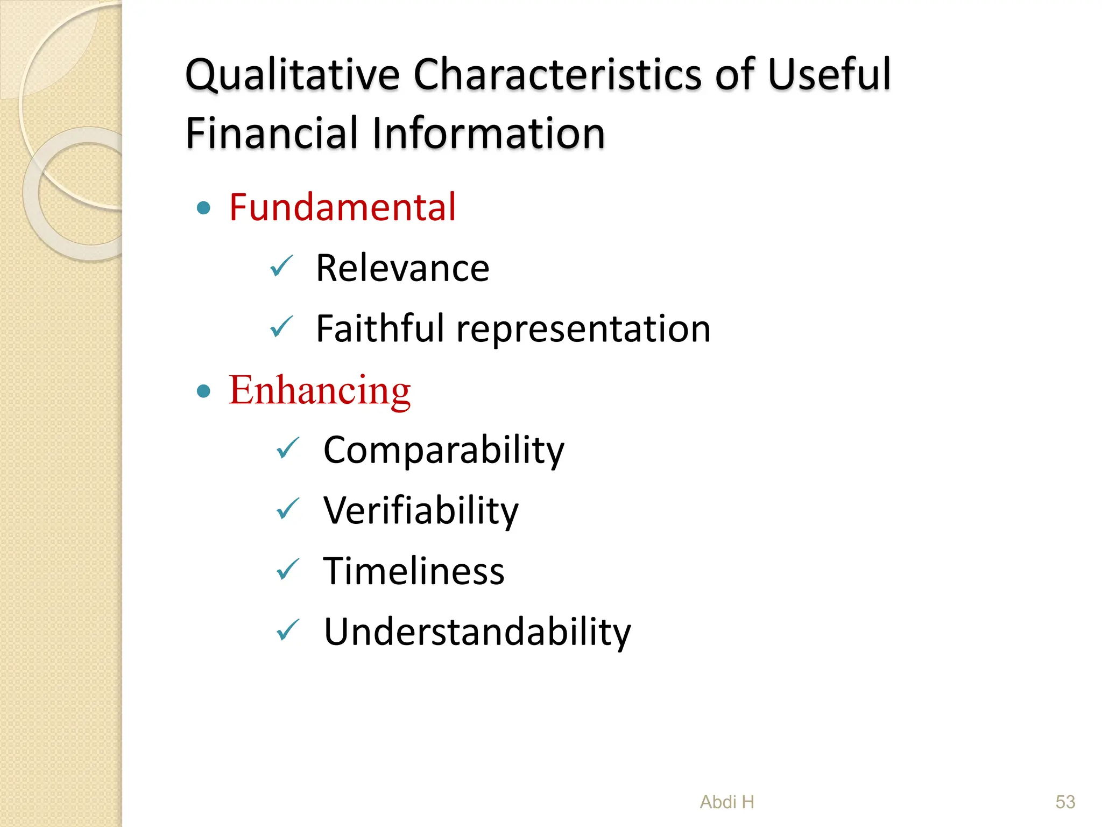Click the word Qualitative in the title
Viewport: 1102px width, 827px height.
pos(292,75)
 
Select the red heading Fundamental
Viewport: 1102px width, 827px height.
pos(342,207)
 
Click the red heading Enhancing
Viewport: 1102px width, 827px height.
pos(320,390)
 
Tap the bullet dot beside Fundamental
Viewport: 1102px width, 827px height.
pos(203,208)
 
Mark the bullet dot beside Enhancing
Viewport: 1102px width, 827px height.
pos(203,391)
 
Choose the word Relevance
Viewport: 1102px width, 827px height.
pos(402,268)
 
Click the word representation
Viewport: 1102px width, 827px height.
pos(583,330)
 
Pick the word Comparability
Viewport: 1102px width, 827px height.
pos(444,450)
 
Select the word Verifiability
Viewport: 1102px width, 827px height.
pos(421,510)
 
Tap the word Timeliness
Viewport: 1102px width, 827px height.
pos(413,571)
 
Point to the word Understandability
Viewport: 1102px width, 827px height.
pos(477,632)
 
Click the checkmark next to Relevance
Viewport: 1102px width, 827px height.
pos(281,266)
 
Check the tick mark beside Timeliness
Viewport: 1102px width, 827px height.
pos(288,569)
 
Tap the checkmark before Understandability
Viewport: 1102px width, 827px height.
pos(288,630)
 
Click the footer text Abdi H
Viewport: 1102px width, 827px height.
pos(727,802)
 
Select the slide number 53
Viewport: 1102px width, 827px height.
pos(1065,802)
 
